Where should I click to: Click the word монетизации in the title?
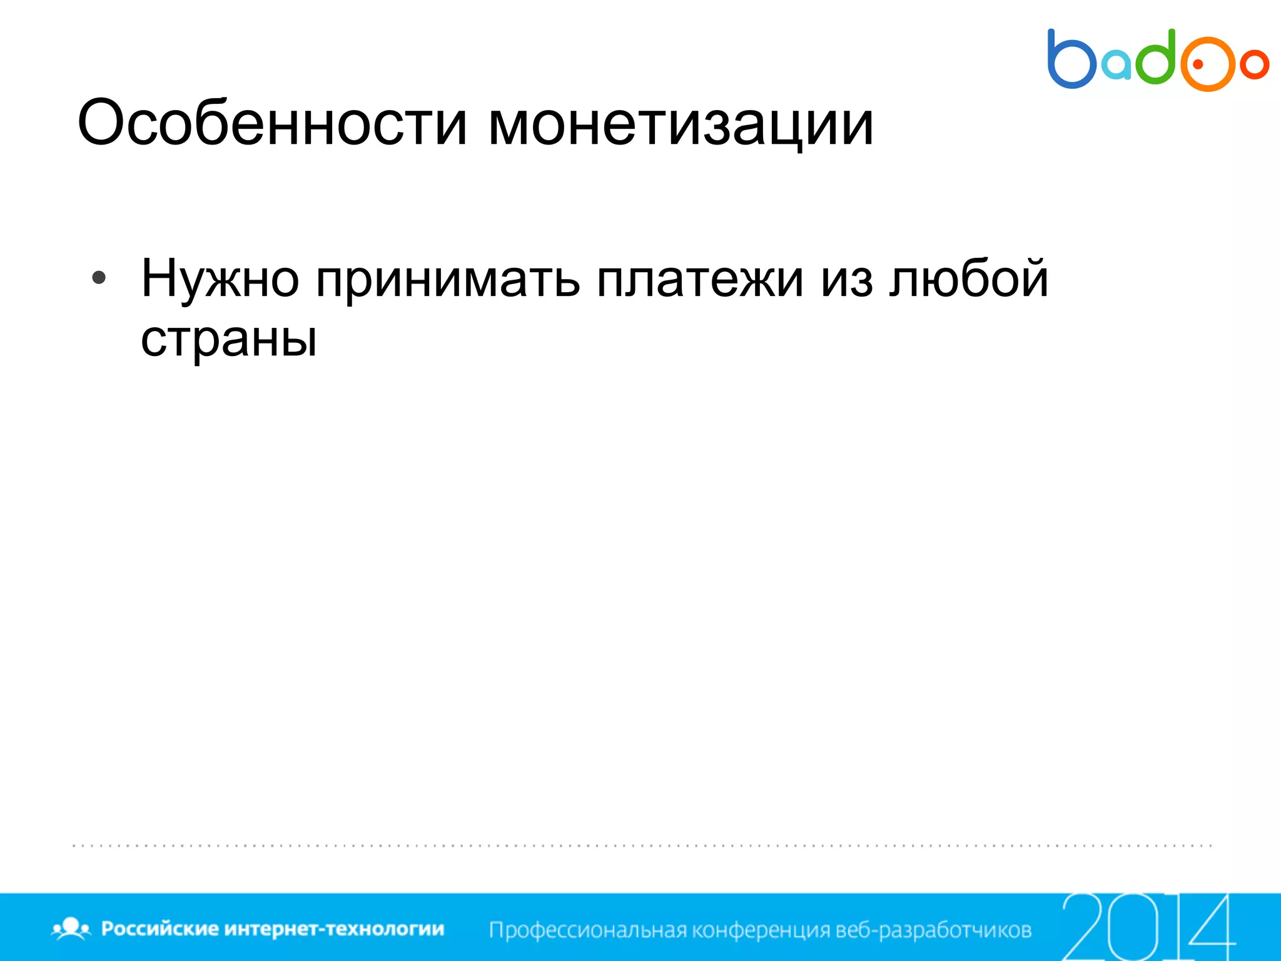(x=680, y=123)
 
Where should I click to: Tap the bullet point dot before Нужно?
(x=99, y=278)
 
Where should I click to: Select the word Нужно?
(x=220, y=279)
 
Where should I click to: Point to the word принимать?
(x=448, y=279)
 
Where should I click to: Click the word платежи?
(x=700, y=279)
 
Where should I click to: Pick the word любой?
(x=969, y=278)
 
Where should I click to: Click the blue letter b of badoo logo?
(x=1071, y=60)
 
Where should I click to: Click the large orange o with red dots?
(x=1208, y=64)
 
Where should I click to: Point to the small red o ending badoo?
(x=1254, y=64)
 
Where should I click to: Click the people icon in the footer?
(x=71, y=928)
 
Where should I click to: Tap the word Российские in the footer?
(x=159, y=928)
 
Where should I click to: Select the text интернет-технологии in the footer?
(x=334, y=928)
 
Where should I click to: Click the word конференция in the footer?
(x=762, y=930)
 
